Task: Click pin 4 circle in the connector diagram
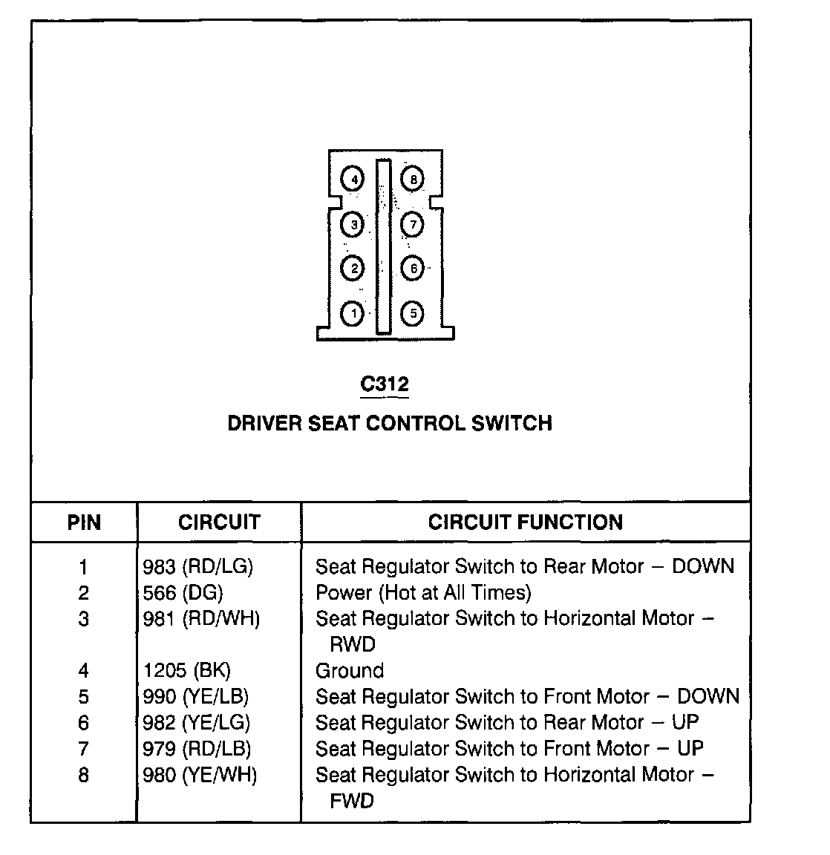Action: [353, 179]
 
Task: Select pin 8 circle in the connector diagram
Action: [413, 179]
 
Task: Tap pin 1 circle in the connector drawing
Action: [353, 314]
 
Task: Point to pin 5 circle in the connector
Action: [413, 314]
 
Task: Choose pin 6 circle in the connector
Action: [413, 269]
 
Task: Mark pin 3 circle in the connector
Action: [353, 224]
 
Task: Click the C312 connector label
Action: [385, 384]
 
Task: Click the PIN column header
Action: [84, 522]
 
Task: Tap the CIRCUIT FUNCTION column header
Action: [526, 522]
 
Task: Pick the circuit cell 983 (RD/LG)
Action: [197, 567]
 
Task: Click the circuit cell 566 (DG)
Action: [183, 593]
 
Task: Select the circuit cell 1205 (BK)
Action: [186, 671]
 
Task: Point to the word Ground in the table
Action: [350, 671]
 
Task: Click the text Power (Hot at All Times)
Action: [423, 593]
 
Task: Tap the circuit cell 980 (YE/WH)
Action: [200, 776]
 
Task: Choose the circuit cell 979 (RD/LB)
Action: [197, 749]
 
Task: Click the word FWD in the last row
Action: [352, 802]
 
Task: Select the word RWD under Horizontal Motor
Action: [353, 644]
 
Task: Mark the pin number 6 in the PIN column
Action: [84, 723]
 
